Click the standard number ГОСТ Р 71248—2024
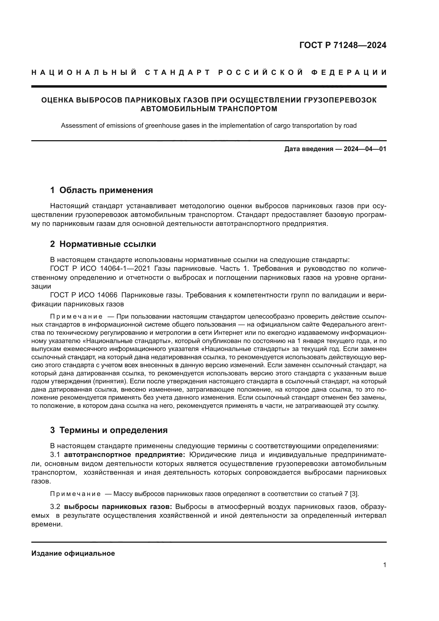[x=342, y=45]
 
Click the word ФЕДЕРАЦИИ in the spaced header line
[x=349, y=72]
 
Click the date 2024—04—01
[x=365, y=149]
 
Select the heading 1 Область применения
[x=101, y=190]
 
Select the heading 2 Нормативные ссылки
[x=103, y=244]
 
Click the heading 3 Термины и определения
[x=109, y=430]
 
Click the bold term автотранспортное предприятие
[x=124, y=455]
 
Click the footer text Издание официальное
[x=73, y=553]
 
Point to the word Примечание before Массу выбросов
[x=75, y=494]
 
